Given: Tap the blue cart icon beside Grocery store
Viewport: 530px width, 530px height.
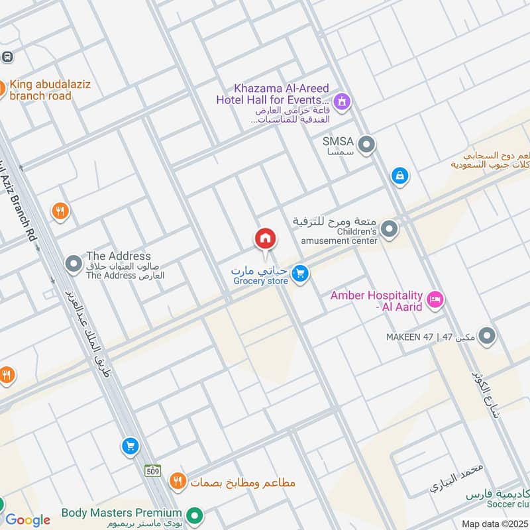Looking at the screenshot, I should pos(301,273).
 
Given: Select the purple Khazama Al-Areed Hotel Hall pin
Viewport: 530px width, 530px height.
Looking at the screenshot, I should pos(342,101).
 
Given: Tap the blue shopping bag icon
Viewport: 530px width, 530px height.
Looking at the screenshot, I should pos(399,176).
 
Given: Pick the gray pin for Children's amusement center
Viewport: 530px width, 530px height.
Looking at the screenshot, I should pos(390,230).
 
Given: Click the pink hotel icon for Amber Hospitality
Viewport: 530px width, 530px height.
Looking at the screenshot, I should pos(435,299).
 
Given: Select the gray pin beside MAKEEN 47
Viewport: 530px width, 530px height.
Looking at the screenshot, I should pos(487,337).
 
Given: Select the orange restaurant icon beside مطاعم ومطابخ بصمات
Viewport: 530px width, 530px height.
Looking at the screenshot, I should pos(177,482).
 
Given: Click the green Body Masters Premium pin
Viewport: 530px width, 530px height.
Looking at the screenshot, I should pos(194,515).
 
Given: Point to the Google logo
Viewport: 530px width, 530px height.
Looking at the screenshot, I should pos(28,520).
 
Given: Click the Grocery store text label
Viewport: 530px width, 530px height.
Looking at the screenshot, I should pos(260,281).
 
